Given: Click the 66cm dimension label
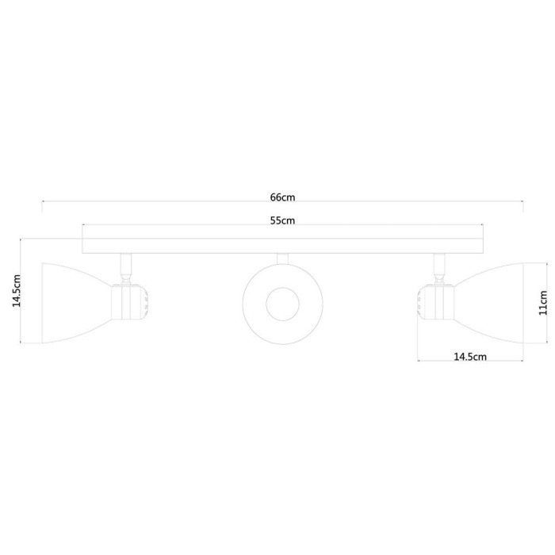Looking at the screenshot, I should click(x=282, y=197).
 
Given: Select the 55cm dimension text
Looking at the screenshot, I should click(x=282, y=220).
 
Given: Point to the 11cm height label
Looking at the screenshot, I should click(x=543, y=303).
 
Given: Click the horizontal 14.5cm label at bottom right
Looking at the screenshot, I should click(x=469, y=357).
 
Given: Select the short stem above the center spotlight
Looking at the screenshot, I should click(x=281, y=258).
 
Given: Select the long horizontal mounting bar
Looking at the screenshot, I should click(x=281, y=246).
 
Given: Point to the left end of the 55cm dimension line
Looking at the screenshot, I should click(x=82, y=227).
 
